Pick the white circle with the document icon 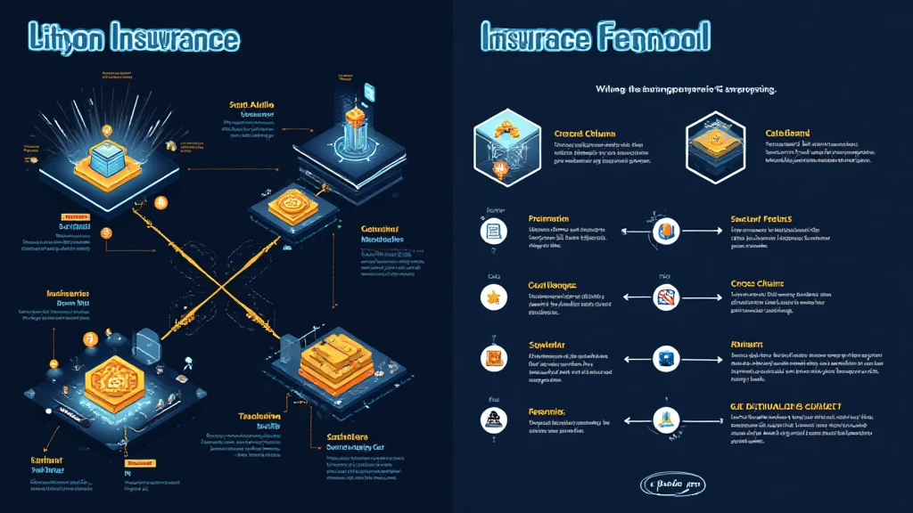(493, 232)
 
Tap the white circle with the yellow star (493, 296)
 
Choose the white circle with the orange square (493, 358)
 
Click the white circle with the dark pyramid (493, 420)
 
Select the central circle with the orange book (665, 232)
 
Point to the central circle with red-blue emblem (665, 297)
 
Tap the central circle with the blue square (665, 359)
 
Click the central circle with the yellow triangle (665, 420)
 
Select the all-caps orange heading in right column (786, 407)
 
